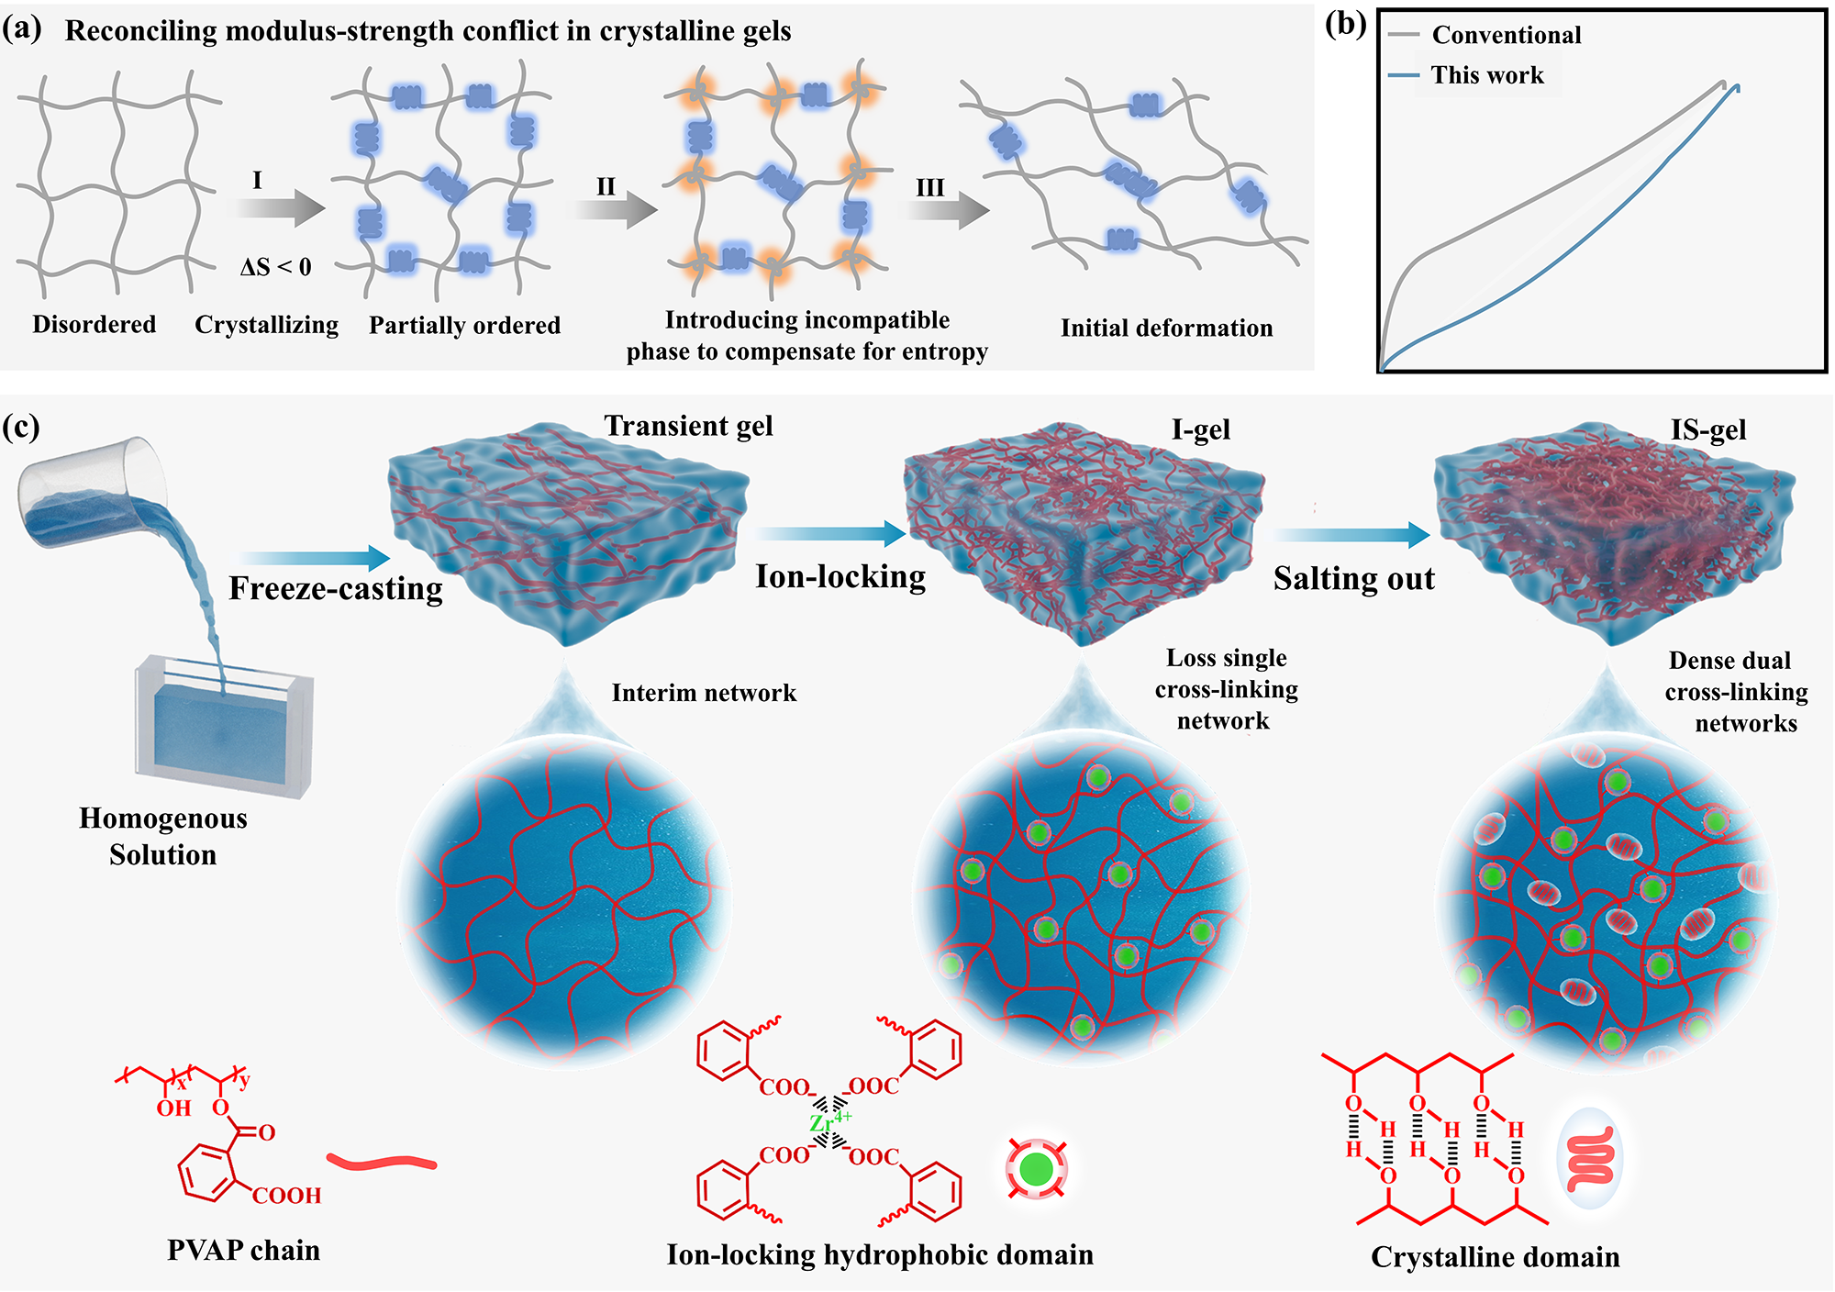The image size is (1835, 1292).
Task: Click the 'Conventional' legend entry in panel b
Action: [x=1485, y=35]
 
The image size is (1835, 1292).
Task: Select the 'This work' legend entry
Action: [x=1466, y=74]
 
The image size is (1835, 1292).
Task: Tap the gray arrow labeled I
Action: [x=280, y=208]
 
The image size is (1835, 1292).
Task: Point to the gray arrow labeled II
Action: [x=616, y=210]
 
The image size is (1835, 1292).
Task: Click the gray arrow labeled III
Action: [x=948, y=210]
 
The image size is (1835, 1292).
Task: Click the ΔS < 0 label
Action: [x=276, y=267]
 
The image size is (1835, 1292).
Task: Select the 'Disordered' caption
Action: [x=95, y=324]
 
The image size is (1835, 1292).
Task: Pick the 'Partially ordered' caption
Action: [x=464, y=325]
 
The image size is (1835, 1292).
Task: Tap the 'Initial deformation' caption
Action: [x=1167, y=328]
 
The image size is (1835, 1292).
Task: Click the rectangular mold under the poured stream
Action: [x=225, y=725]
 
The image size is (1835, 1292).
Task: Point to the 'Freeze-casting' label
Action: [x=336, y=588]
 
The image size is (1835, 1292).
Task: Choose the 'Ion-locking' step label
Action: [x=840, y=576]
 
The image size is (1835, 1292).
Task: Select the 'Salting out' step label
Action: [x=1354, y=578]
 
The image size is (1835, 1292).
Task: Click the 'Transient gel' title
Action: [x=688, y=426]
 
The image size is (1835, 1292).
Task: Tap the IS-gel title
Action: [x=1708, y=429]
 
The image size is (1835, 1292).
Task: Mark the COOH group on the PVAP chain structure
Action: [x=286, y=1196]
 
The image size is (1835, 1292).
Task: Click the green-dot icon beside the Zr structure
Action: [x=1037, y=1168]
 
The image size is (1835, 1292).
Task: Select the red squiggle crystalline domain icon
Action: [x=1590, y=1158]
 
